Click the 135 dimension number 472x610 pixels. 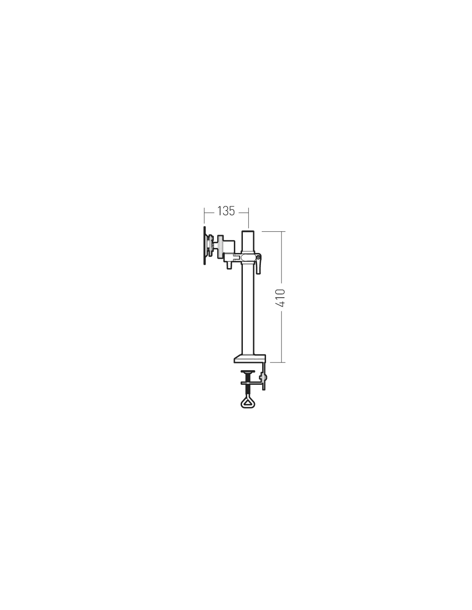[x=226, y=211]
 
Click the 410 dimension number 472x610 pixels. [x=281, y=298]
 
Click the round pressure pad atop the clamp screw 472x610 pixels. [x=248, y=371]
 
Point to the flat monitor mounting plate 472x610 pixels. [x=204, y=245]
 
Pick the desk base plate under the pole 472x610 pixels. [x=250, y=358]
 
